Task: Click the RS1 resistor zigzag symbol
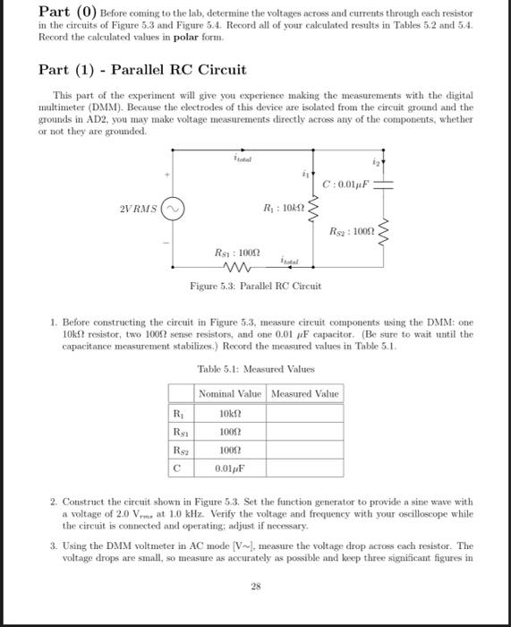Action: point(240,264)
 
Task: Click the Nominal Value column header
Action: point(230,394)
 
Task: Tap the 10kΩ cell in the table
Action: point(230,413)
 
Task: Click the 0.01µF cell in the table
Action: point(230,467)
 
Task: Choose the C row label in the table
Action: point(177,467)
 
